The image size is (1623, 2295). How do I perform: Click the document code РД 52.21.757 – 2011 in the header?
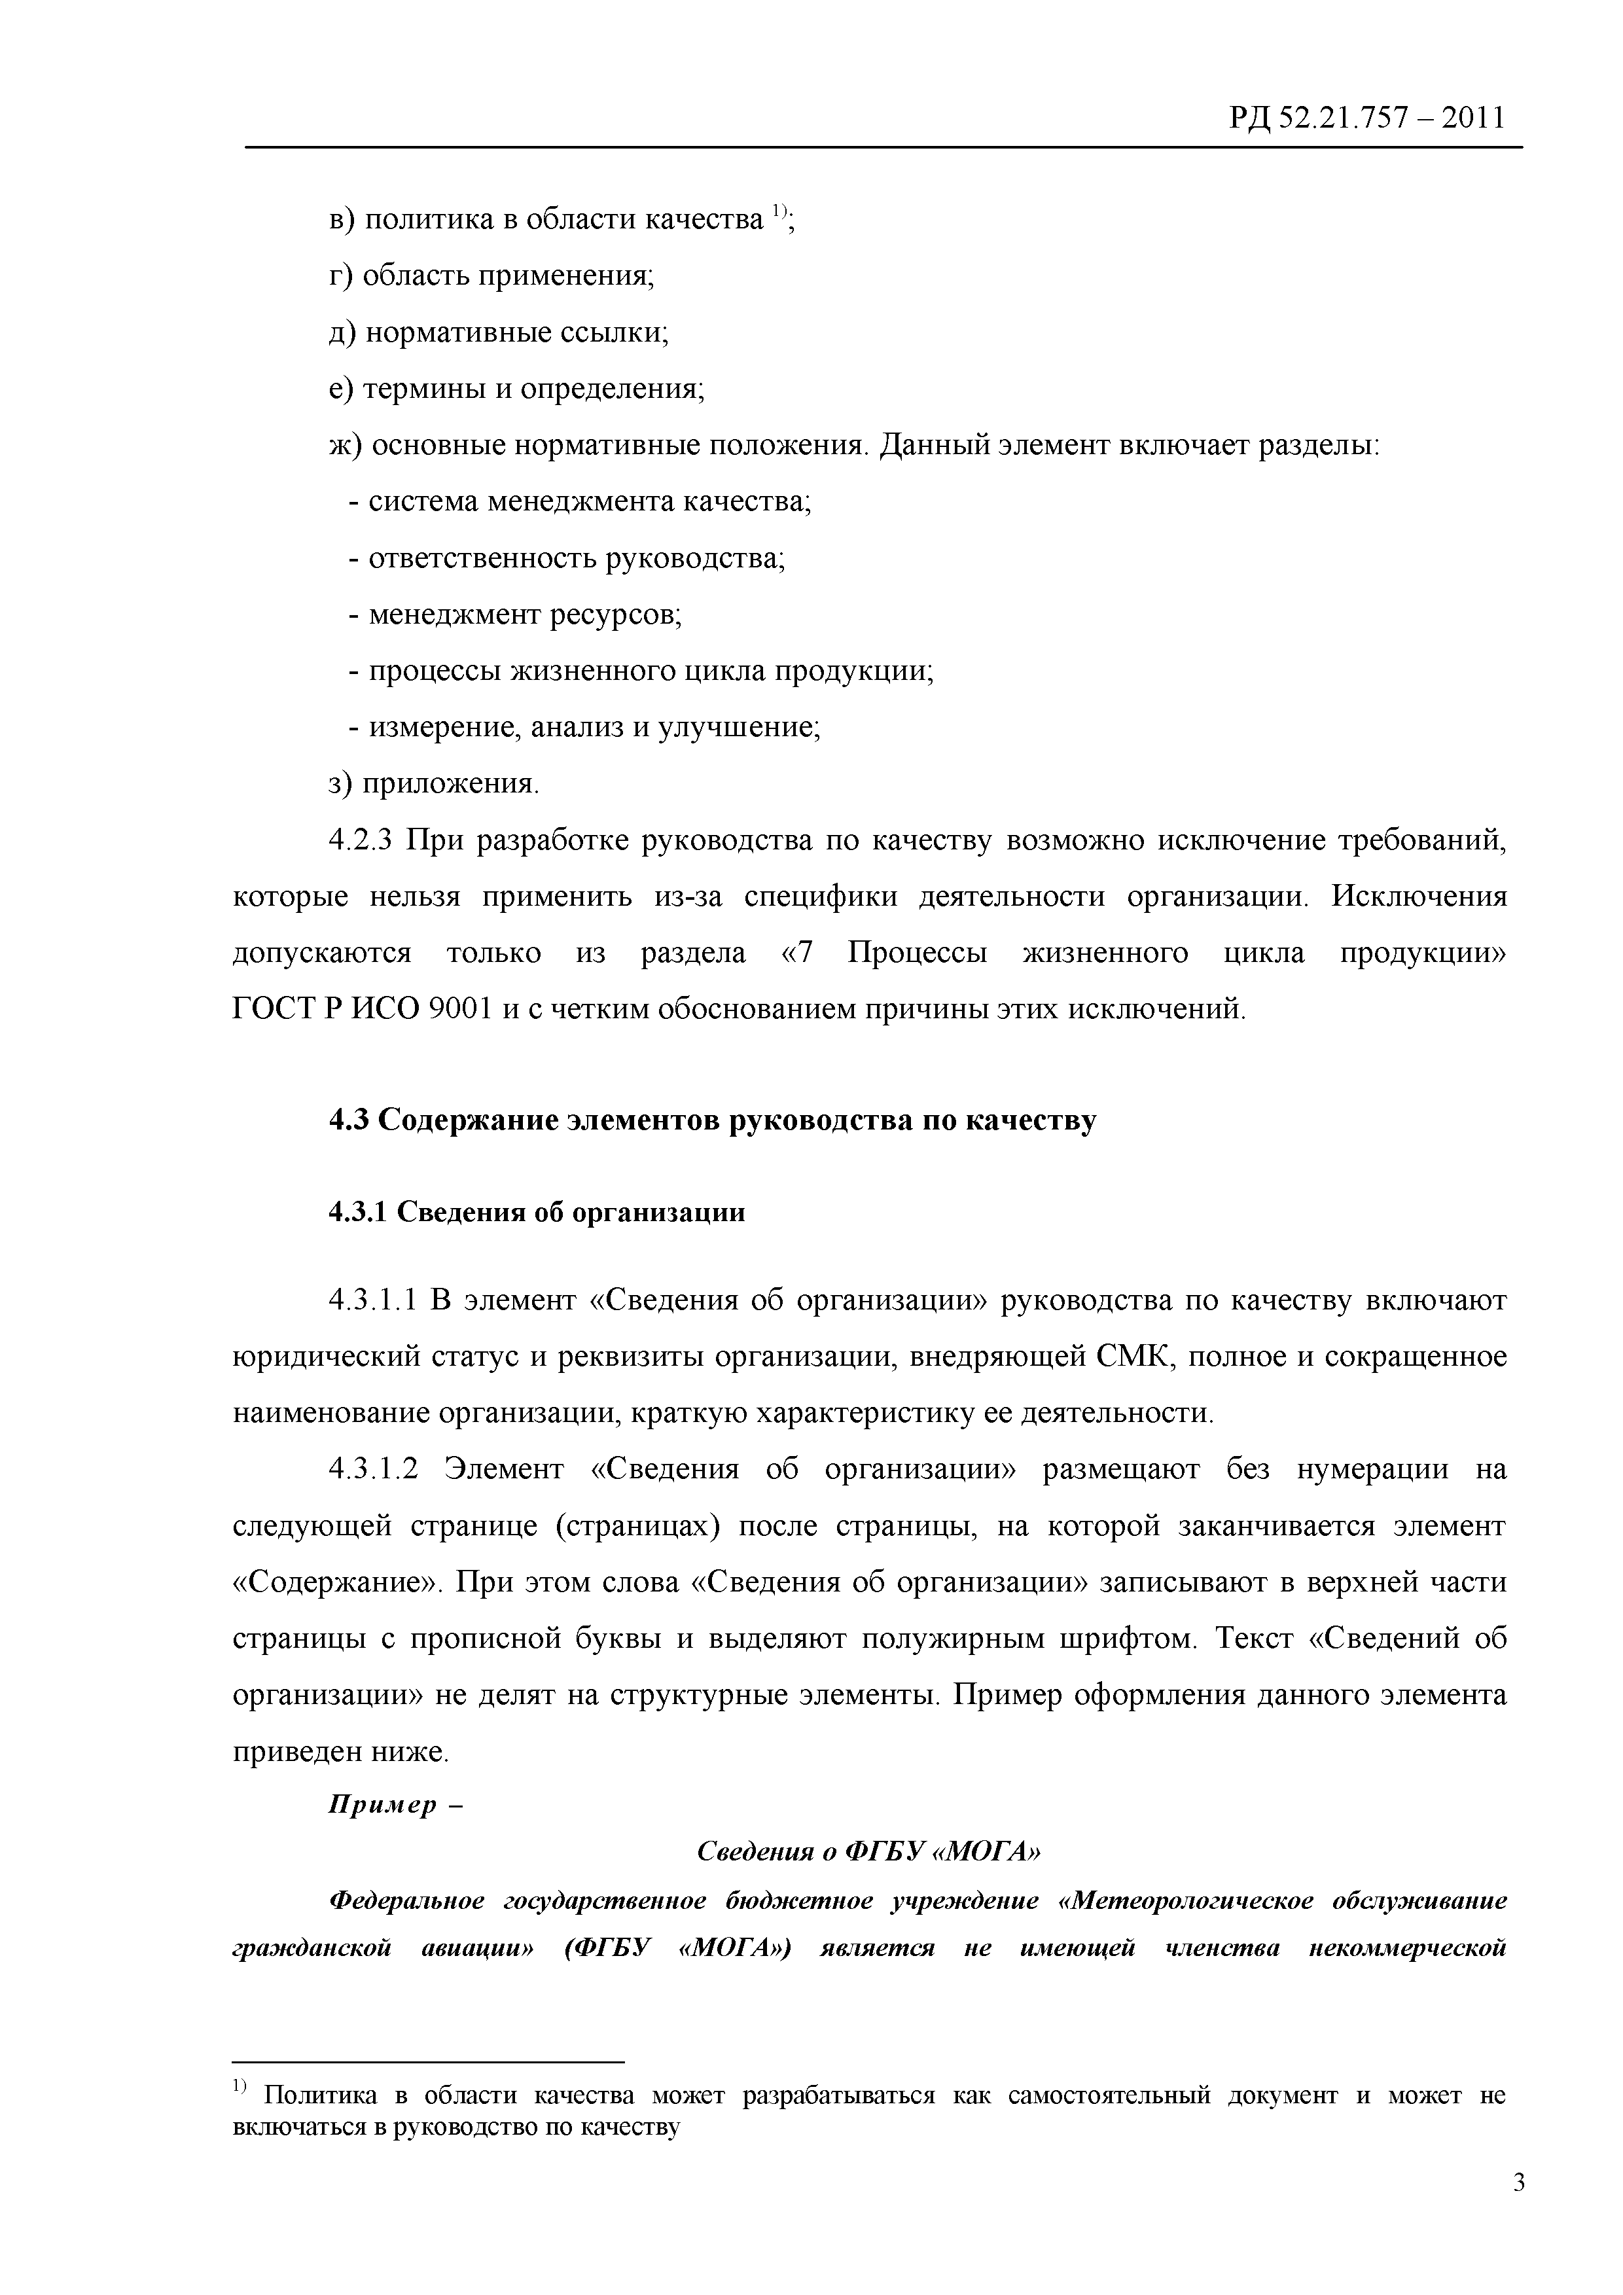1365,119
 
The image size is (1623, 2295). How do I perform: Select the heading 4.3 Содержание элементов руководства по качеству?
713,1120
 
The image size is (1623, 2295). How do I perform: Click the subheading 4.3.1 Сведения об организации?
537,1213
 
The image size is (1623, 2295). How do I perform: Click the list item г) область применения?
491,275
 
